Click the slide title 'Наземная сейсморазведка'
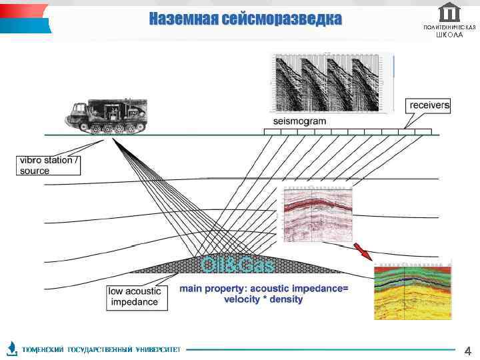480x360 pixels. (x=245, y=19)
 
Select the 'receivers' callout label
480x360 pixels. (x=429, y=105)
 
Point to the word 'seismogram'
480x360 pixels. (x=299, y=121)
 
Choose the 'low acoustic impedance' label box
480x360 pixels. (x=134, y=297)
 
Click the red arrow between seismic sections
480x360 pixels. (x=363, y=252)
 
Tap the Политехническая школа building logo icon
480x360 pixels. (x=450, y=12)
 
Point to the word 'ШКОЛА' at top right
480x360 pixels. (x=449, y=35)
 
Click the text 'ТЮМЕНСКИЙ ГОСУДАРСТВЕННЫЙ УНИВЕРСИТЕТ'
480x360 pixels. (x=101, y=349)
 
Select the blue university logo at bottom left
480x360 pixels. (x=12, y=348)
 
